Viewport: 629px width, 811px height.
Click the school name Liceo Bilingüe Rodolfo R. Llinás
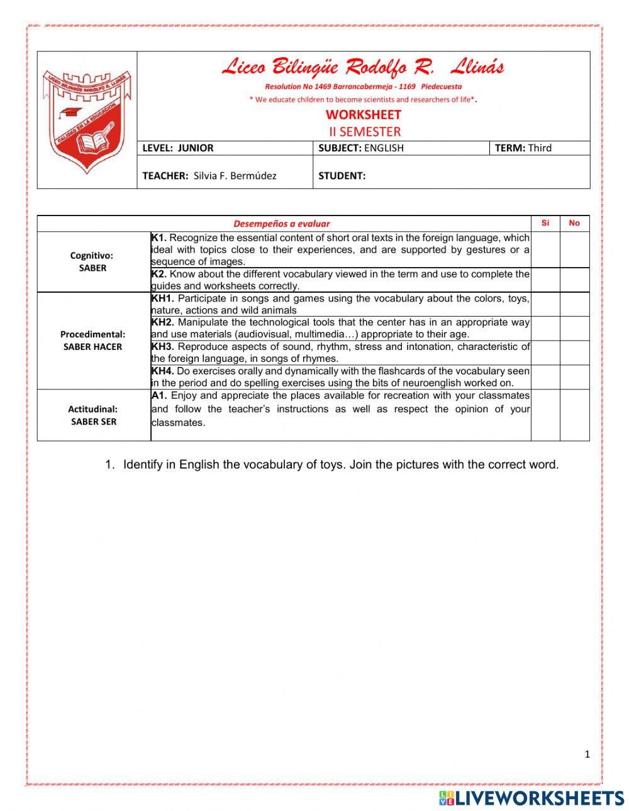[x=363, y=67]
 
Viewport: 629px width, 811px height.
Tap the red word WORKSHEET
[x=363, y=114]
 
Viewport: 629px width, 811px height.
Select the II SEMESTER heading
[x=364, y=131]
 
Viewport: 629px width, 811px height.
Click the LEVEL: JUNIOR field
[x=178, y=148]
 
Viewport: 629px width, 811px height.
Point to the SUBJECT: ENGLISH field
[x=361, y=148]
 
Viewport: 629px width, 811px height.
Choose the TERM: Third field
[x=523, y=148]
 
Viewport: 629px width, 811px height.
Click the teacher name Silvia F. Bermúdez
[x=235, y=176]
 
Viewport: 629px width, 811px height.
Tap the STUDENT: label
[x=342, y=176]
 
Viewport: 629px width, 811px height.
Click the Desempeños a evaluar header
[x=281, y=224]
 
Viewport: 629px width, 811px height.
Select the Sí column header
[x=545, y=223]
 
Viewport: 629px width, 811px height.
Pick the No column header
[x=574, y=223]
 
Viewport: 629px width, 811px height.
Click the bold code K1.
[x=159, y=237]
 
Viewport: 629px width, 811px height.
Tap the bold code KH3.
[x=162, y=347]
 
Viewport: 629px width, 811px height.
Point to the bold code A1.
[x=159, y=396]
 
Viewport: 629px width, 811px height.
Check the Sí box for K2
[x=545, y=280]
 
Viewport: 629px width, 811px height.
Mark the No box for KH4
[x=574, y=377]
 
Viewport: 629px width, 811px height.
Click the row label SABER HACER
[x=92, y=347]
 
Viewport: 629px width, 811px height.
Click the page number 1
[x=587, y=754]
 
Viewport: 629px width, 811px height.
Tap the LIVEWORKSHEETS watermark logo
[x=532, y=798]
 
